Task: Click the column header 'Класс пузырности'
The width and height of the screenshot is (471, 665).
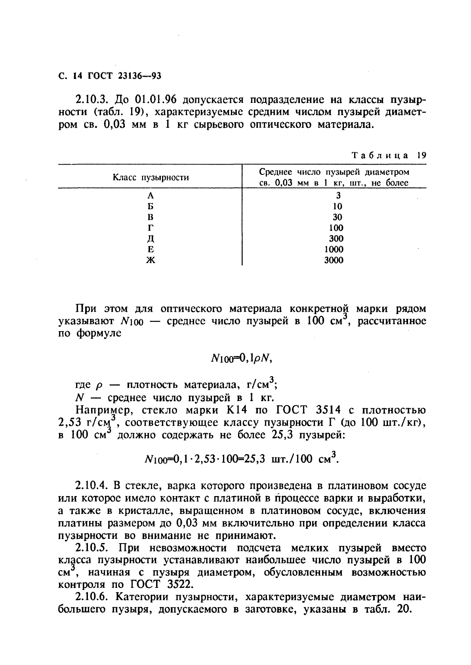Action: point(151,178)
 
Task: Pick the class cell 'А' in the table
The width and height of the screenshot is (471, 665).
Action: point(150,195)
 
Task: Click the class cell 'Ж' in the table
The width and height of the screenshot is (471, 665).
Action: point(150,260)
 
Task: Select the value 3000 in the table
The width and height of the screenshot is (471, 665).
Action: point(334,260)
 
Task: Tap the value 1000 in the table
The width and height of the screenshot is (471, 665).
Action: point(334,250)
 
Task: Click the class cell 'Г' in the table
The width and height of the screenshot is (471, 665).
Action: point(150,228)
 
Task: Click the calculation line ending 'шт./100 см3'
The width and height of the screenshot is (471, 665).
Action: point(240,459)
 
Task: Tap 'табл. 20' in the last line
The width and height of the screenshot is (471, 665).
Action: point(390,610)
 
